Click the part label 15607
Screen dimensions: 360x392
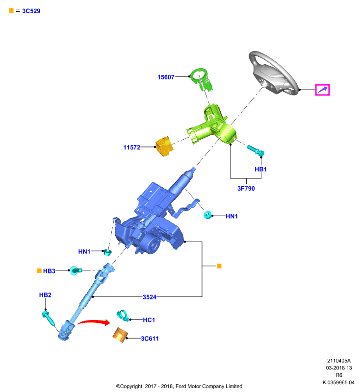point(166,77)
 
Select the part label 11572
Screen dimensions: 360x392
point(131,147)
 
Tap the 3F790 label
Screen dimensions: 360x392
point(246,189)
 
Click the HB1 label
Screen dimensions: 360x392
point(260,169)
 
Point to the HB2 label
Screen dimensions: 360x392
point(45,295)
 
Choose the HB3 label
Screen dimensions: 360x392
point(49,271)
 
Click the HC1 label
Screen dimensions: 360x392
point(149,320)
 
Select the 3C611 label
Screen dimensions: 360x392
point(150,339)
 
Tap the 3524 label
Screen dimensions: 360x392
point(150,297)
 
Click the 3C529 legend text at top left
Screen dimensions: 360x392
point(31,11)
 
